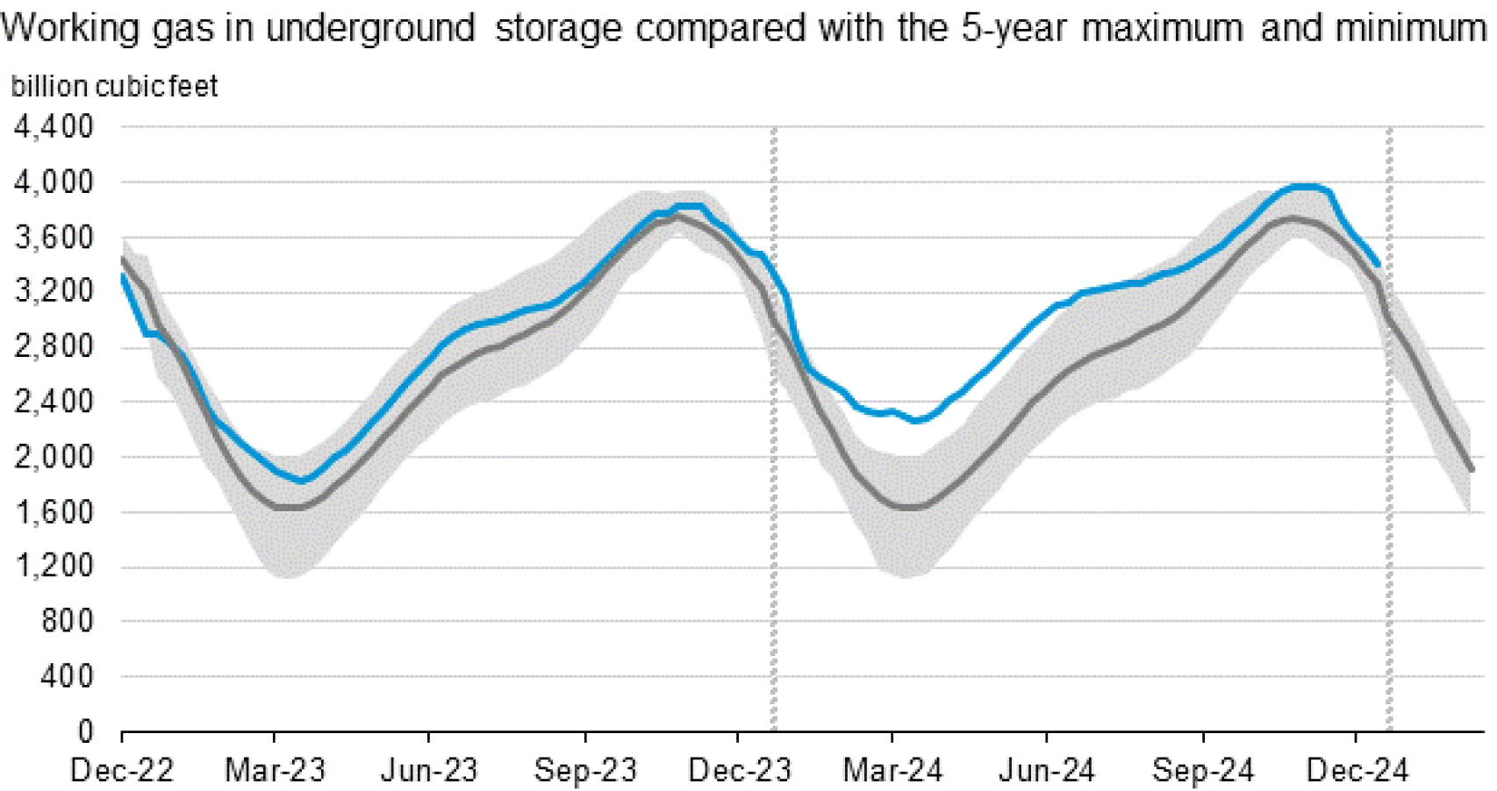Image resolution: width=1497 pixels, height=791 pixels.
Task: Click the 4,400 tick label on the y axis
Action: coord(54,127)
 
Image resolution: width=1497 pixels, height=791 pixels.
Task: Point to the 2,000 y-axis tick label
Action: coord(54,457)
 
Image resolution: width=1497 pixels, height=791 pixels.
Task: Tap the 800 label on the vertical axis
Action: coord(67,622)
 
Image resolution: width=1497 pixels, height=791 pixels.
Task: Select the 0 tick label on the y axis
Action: coord(84,731)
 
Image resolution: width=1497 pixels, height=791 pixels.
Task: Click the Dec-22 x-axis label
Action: coord(122,771)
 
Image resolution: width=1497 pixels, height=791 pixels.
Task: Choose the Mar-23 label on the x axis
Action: coord(275,771)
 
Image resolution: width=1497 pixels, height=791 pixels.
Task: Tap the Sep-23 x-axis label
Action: coord(585,771)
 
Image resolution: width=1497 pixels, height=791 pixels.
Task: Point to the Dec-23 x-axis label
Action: coord(740,771)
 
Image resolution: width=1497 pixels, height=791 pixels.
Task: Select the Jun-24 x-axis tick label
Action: coord(1047,771)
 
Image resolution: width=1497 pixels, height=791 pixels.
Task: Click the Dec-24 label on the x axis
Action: coord(1357,771)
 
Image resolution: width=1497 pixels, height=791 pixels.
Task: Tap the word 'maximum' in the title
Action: coord(1162,28)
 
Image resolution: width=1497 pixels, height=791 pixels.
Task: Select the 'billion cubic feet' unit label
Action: coord(114,87)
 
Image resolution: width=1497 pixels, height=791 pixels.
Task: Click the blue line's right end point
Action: coord(1379,264)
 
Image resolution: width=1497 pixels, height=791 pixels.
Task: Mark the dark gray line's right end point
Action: coord(1472,470)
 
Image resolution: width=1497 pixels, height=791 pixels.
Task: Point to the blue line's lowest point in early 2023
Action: coord(301,481)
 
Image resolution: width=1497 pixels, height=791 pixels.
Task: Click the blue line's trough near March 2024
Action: coord(917,421)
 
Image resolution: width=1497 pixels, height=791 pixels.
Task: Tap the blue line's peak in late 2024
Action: coord(1307,186)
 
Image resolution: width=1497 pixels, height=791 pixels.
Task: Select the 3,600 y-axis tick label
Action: coord(54,237)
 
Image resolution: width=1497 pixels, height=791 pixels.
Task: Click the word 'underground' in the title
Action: coord(370,28)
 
